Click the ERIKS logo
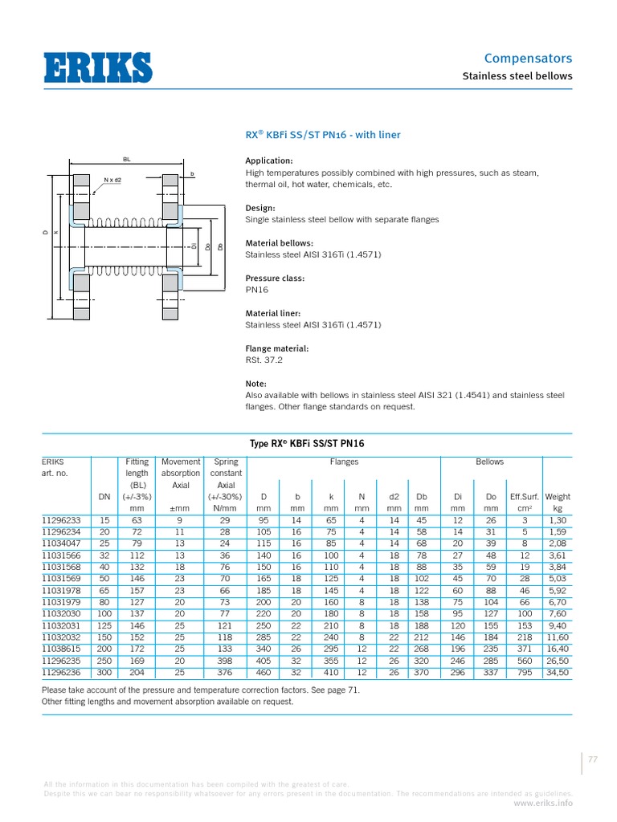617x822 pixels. pyautogui.click(x=97, y=67)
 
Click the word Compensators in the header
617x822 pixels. pyautogui.click(x=528, y=59)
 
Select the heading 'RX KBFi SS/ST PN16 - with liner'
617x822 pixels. pyautogui.click(x=322, y=135)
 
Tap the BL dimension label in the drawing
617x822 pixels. pyautogui.click(x=126, y=160)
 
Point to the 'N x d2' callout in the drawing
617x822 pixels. pyautogui.click(x=112, y=180)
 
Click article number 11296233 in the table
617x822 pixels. pyautogui.click(x=61, y=519)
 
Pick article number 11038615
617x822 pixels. pyautogui.click(x=61, y=648)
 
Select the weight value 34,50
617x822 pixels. pyautogui.click(x=558, y=672)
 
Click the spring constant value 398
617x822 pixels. pyautogui.click(x=225, y=660)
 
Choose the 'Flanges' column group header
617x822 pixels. pyautogui.click(x=344, y=462)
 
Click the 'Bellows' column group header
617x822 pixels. pyautogui.click(x=489, y=462)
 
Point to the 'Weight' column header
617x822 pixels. pyautogui.click(x=558, y=497)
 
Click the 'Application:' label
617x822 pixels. pyautogui.click(x=268, y=161)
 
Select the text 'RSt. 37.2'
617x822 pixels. pyautogui.click(x=264, y=360)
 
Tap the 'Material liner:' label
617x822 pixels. pyautogui.click(x=273, y=313)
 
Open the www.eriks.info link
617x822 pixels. pyautogui.click(x=543, y=802)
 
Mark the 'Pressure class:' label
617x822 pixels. pyautogui.click(x=274, y=278)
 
